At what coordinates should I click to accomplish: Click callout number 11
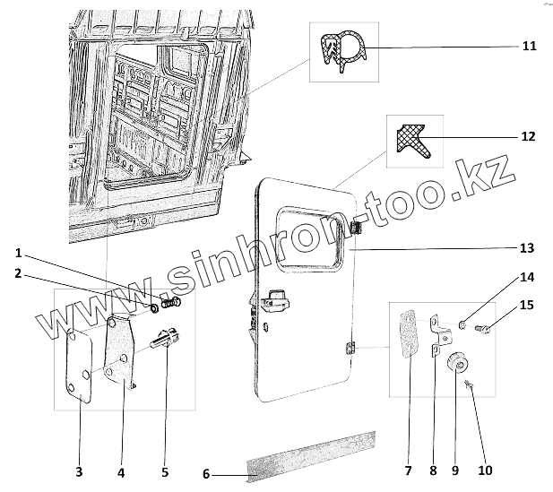tap(529, 46)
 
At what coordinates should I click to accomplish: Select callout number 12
tap(529, 136)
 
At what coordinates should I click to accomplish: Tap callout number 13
tap(527, 247)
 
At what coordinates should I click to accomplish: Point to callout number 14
tap(527, 278)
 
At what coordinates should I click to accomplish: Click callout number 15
tap(527, 306)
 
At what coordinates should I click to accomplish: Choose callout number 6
tap(205, 474)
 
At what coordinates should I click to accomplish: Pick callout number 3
tap(79, 471)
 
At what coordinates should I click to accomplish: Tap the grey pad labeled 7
tap(406, 334)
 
